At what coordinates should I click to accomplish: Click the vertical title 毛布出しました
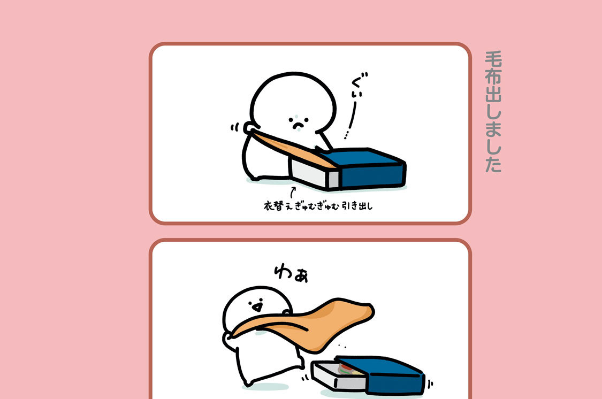click(493, 111)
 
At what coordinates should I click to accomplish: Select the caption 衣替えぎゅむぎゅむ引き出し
click(318, 206)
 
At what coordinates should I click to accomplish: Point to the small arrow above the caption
click(293, 192)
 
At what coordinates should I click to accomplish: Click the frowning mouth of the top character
click(298, 124)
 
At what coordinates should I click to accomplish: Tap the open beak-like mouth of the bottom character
click(257, 307)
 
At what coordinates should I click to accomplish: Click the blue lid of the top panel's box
click(365, 167)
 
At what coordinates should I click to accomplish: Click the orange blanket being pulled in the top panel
click(292, 148)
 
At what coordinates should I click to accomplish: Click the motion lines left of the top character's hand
click(234, 127)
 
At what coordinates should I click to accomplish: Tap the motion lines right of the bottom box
click(430, 383)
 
